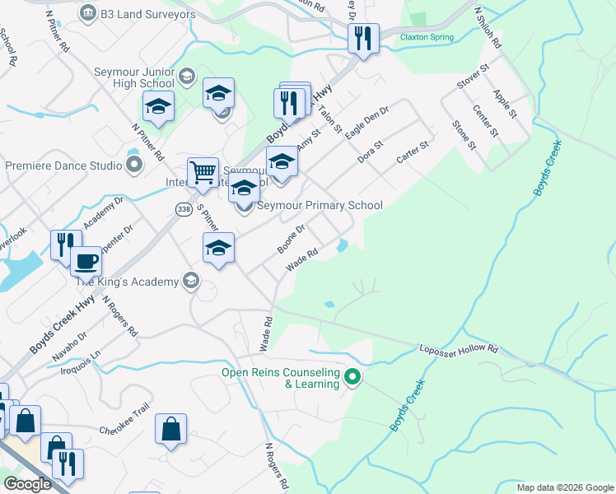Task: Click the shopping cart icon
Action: click(203, 172)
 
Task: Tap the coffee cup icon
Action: click(86, 262)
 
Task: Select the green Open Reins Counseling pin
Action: click(352, 378)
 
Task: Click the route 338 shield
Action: click(184, 210)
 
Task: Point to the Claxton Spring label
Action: click(427, 37)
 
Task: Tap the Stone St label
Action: click(464, 134)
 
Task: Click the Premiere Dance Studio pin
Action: click(135, 165)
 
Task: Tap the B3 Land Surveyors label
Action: click(147, 14)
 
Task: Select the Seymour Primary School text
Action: click(320, 205)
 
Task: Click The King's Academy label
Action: click(127, 282)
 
